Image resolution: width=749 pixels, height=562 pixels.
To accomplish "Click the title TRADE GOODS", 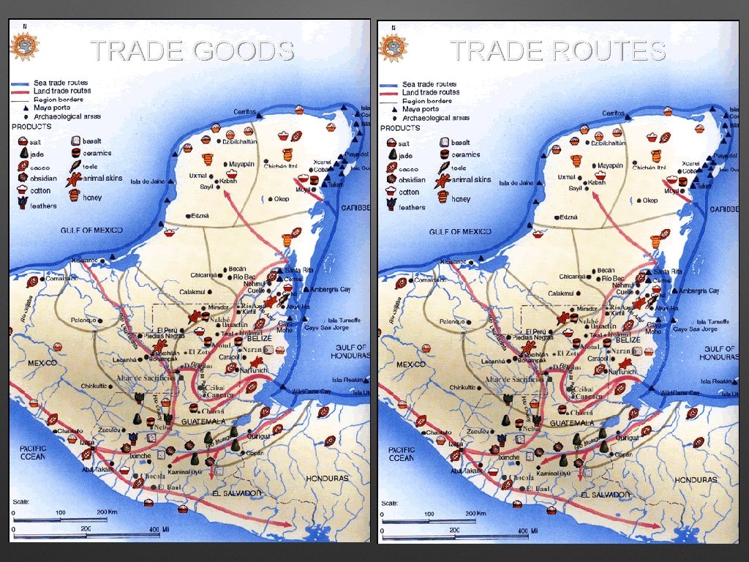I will [x=192, y=50].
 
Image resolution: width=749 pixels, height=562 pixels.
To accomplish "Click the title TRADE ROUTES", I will [x=557, y=50].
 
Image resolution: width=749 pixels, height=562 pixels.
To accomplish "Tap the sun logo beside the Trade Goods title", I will [x=24, y=45].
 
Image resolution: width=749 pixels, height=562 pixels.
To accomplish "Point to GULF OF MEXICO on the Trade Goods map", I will [x=91, y=231].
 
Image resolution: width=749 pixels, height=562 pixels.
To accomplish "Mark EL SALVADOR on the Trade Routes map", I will [x=605, y=494].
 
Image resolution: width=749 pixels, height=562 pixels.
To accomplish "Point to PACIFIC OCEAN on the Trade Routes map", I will [x=401, y=454].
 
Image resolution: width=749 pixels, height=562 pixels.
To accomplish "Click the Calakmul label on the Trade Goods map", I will [x=196, y=292].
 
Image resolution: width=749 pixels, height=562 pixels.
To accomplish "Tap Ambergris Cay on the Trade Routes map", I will [x=699, y=291].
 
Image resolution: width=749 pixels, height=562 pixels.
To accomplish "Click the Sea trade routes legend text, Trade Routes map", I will [x=429, y=84].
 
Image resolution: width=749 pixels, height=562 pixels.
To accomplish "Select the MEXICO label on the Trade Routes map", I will [x=410, y=364].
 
